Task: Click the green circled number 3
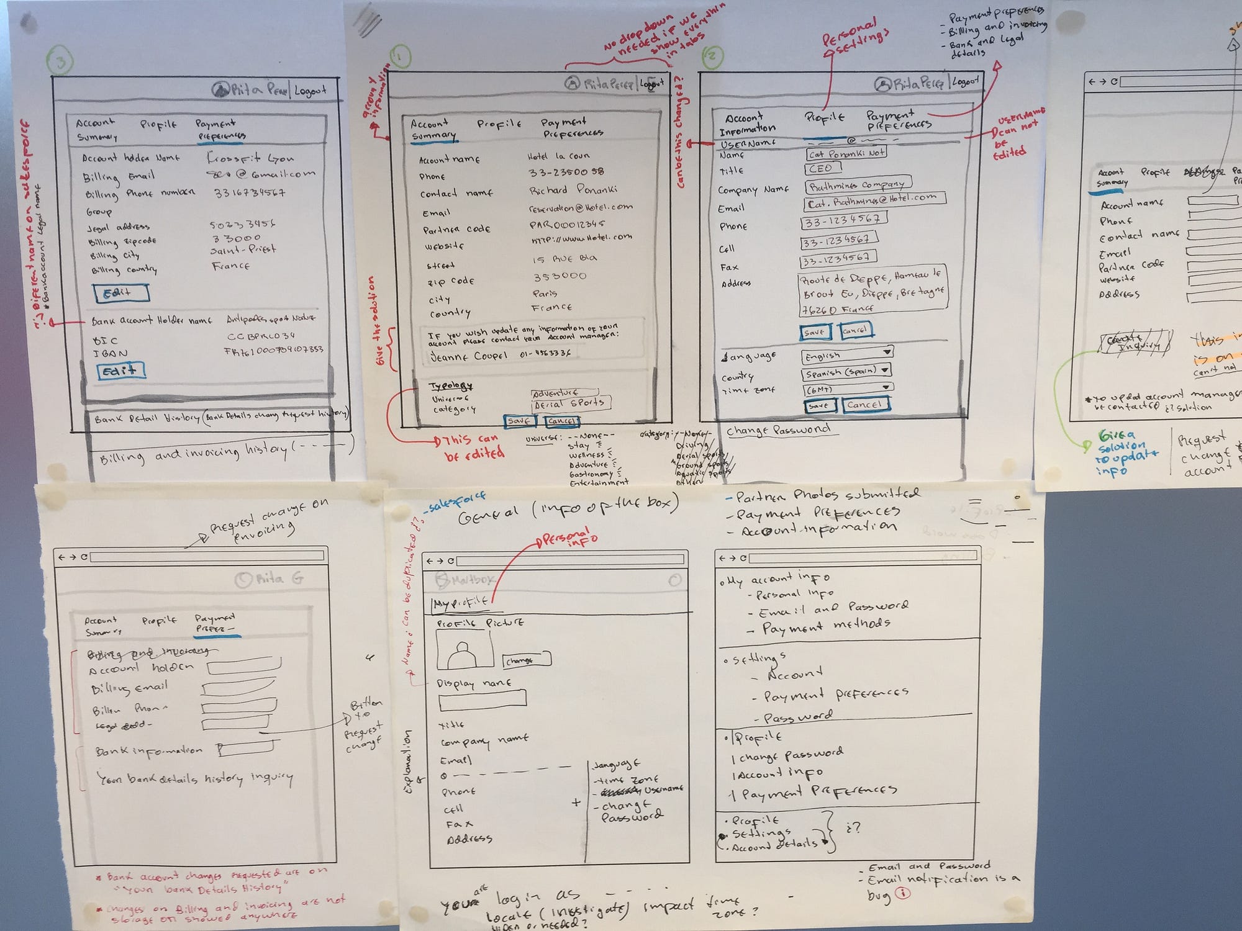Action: point(60,61)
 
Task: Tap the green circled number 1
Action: point(401,56)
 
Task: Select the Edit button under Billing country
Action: point(121,293)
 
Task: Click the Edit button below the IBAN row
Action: point(121,371)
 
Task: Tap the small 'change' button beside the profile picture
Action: point(526,660)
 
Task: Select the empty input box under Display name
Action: point(482,700)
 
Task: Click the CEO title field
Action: point(823,168)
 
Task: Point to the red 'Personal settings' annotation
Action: point(855,38)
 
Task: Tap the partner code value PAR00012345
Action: point(566,223)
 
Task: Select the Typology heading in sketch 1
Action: point(451,385)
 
